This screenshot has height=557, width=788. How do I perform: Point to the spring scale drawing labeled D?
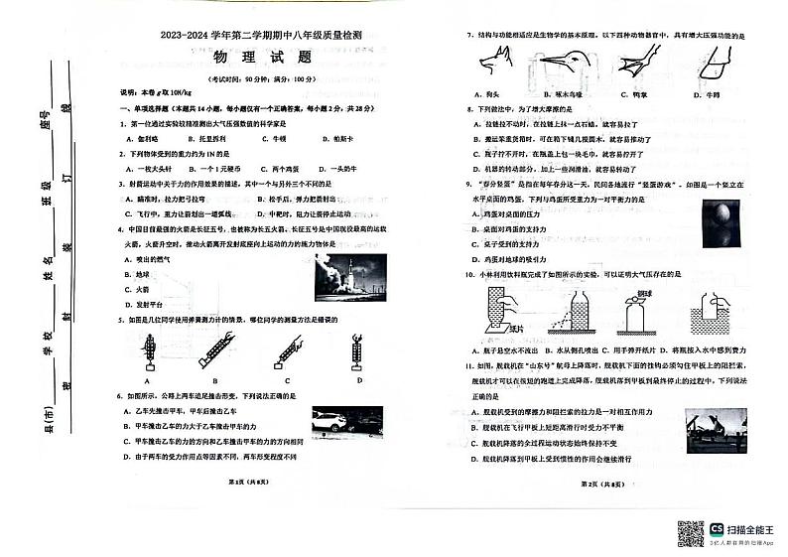tap(359, 350)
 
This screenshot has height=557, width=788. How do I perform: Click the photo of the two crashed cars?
tap(340, 423)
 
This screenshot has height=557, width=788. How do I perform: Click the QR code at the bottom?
tap(690, 532)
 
